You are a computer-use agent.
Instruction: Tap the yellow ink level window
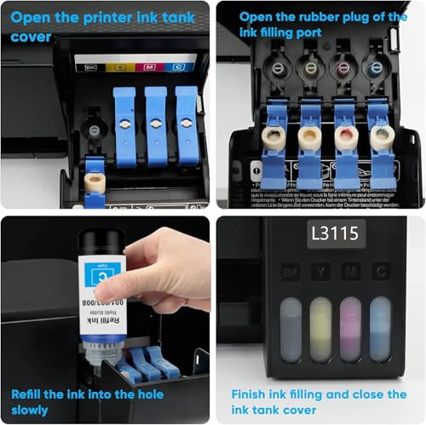coord(320,329)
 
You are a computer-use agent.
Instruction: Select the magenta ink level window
coord(349,329)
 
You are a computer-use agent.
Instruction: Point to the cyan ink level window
coord(379,329)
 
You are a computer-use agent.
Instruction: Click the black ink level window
coord(291,329)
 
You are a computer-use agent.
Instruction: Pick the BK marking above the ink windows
coord(291,273)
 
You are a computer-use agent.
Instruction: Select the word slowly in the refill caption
coord(29,411)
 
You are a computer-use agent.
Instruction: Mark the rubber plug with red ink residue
coord(347,136)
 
